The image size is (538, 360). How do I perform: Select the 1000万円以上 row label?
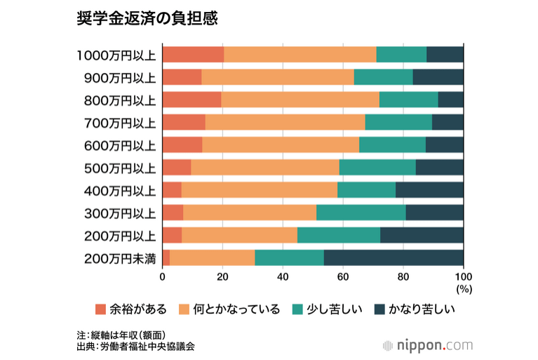pyautogui.click(x=116, y=55)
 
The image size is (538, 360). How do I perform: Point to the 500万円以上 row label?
pyautogui.click(x=116, y=168)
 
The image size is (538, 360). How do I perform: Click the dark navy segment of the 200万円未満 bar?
pyautogui.click(x=394, y=258)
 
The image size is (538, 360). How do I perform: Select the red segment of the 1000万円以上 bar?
pyautogui.click(x=193, y=55)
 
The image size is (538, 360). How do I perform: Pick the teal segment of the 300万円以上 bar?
pyautogui.click(x=361, y=213)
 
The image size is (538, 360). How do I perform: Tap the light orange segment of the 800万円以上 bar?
pyautogui.click(x=300, y=100)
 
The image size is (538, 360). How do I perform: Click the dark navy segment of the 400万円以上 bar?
pyautogui.click(x=429, y=190)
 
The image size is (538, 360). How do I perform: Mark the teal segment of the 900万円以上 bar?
pyautogui.click(x=383, y=77)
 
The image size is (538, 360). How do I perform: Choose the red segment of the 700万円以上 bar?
pyautogui.click(x=184, y=122)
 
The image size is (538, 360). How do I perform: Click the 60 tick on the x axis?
pyautogui.click(x=343, y=276)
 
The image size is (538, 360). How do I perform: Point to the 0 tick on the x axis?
pyautogui.click(x=163, y=276)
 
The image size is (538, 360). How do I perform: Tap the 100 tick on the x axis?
pyautogui.click(x=463, y=276)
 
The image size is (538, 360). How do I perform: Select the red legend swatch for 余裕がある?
pyautogui.click(x=100, y=309)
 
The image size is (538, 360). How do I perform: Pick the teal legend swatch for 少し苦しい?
pyautogui.click(x=298, y=309)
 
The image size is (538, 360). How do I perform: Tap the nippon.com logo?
pyautogui.click(x=427, y=345)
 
